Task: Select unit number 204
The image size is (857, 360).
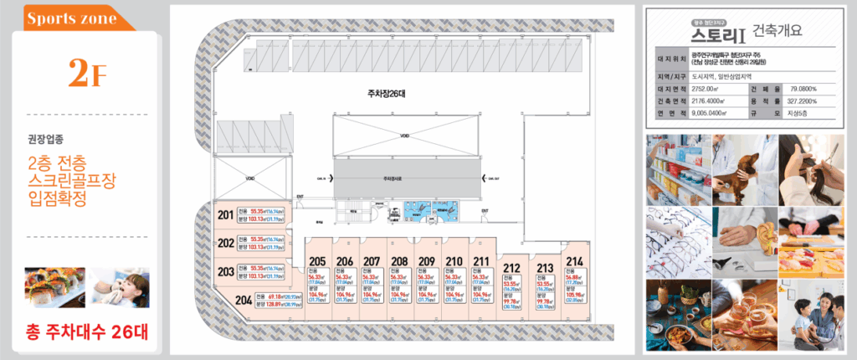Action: [x=244, y=301]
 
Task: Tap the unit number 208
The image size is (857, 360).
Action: [x=399, y=261]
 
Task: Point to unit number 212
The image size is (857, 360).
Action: [x=512, y=268]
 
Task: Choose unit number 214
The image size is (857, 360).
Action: [x=574, y=261]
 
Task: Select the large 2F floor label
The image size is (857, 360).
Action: [x=87, y=75]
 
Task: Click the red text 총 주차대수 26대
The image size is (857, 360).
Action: [x=86, y=331]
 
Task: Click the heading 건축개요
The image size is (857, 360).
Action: [x=778, y=32]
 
